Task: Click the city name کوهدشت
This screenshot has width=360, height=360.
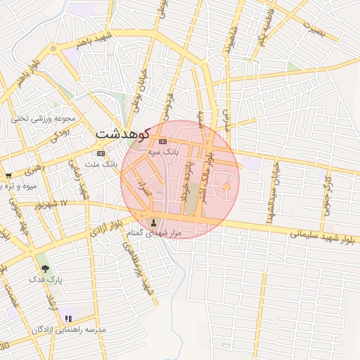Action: [x=121, y=134]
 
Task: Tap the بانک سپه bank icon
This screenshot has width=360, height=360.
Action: [x=153, y=141]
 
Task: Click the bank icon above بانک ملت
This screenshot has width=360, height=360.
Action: [x=101, y=153]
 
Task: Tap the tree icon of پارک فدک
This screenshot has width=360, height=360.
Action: [x=46, y=268]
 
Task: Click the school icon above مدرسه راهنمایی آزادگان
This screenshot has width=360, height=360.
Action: [x=68, y=319]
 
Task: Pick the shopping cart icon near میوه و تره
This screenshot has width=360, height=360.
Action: [x=8, y=176]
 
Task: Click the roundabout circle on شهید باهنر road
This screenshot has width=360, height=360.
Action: [x=53, y=49]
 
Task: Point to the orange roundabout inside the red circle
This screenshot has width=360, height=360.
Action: [x=226, y=186]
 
